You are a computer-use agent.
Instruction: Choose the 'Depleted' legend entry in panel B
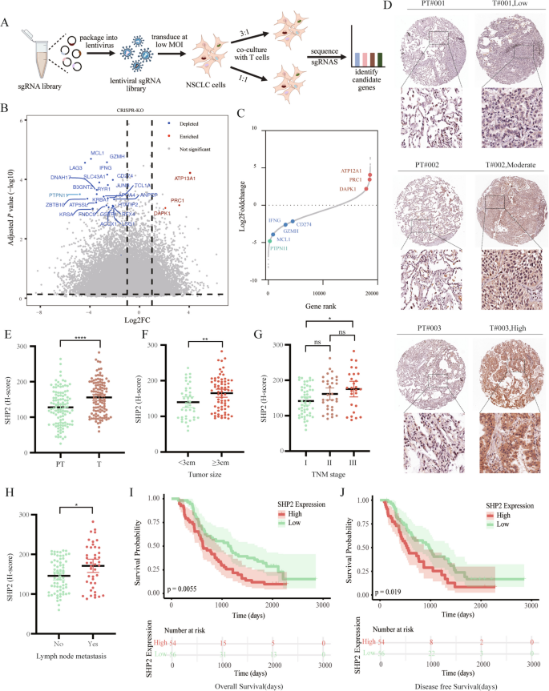pos(185,126)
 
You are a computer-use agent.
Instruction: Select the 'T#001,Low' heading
pos(508,10)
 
